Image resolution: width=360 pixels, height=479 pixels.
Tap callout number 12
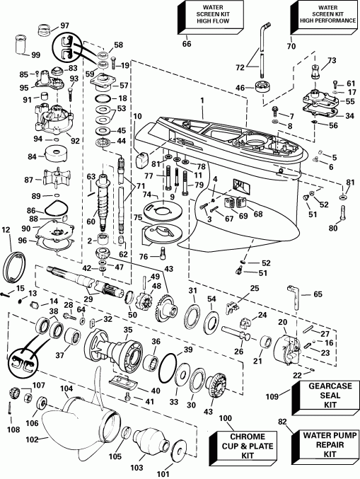pos(6,229)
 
